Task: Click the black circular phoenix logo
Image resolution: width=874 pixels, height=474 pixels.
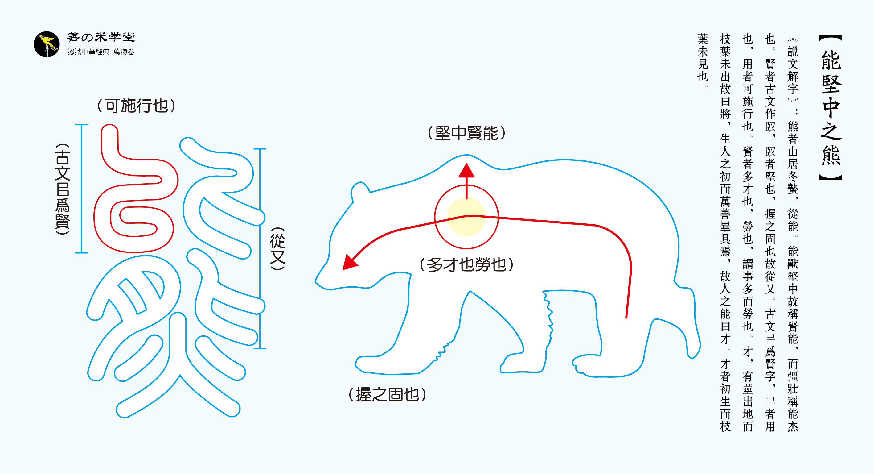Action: click(x=47, y=44)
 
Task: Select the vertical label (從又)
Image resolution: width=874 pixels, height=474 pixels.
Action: click(x=277, y=248)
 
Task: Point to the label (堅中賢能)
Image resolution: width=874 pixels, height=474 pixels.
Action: click(x=466, y=133)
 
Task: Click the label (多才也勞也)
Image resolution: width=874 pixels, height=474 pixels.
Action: click(x=466, y=264)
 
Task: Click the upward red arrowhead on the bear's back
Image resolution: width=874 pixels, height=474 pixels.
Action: click(x=466, y=171)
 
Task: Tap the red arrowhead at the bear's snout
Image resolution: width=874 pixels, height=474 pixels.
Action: click(x=350, y=263)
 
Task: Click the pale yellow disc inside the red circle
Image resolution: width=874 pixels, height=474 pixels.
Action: click(x=466, y=217)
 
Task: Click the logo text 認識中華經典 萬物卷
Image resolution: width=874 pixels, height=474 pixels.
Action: click(x=101, y=52)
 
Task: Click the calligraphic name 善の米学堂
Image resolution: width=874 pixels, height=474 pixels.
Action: click(x=101, y=37)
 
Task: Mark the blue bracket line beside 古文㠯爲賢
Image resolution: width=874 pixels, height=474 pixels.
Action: click(x=81, y=189)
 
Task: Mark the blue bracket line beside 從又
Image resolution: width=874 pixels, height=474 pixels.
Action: click(x=260, y=248)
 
